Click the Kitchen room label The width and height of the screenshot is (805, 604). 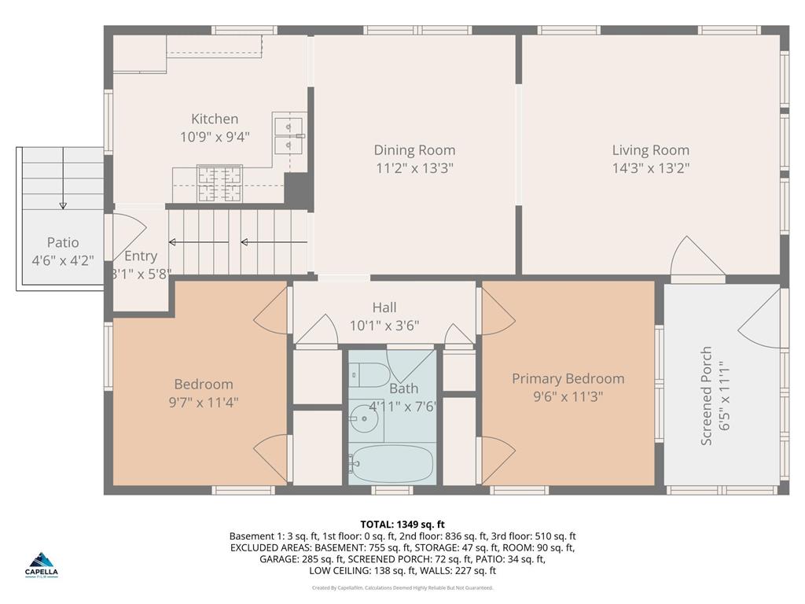pyautogui.click(x=215, y=119)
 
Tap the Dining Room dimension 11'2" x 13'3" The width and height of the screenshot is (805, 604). pyautogui.click(x=414, y=168)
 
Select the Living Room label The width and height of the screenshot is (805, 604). pyautogui.click(x=650, y=149)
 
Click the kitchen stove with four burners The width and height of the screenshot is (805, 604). pyautogui.click(x=219, y=184)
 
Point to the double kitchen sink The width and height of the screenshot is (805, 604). pyautogui.click(x=289, y=134)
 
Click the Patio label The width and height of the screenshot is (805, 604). pyautogui.click(x=63, y=242)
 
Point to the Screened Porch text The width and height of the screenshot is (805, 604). pyautogui.click(x=706, y=396)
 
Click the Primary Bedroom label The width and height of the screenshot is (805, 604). pyautogui.click(x=568, y=378)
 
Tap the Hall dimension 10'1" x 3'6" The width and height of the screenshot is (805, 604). pyautogui.click(x=384, y=325)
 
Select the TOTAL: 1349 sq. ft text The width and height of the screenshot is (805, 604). pyautogui.click(x=402, y=524)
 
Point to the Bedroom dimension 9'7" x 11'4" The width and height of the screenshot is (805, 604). pyautogui.click(x=204, y=402)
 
